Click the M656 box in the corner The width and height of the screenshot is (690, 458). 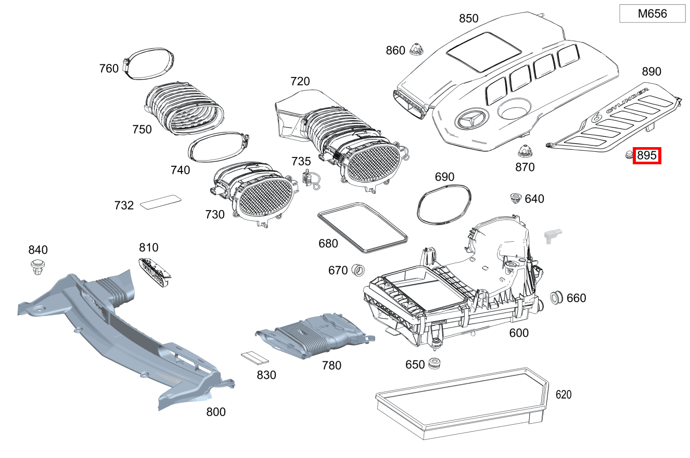point(652,14)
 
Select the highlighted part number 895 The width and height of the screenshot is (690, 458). point(647,155)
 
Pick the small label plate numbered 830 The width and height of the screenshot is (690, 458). point(254,357)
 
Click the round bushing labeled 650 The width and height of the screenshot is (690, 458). point(433,364)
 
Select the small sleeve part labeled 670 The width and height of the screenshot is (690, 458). point(357,270)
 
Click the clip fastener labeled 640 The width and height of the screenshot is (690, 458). point(515,198)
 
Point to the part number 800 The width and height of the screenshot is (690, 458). point(215,412)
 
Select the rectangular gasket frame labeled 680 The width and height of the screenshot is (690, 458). point(362,227)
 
